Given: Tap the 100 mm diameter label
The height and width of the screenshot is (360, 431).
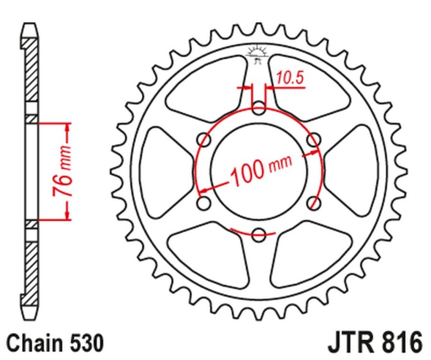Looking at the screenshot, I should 261,169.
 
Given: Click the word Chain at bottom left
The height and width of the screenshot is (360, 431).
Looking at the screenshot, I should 32,342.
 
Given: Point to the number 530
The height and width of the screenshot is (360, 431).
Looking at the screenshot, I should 84,342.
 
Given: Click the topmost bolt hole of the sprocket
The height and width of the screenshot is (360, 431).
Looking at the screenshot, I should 259,108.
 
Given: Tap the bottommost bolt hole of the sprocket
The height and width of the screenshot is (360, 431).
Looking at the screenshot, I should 259,234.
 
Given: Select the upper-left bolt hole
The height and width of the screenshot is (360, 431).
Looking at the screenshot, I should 204,140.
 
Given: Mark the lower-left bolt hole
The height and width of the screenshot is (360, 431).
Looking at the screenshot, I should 204,203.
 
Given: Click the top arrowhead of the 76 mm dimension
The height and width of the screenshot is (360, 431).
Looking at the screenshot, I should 67,126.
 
